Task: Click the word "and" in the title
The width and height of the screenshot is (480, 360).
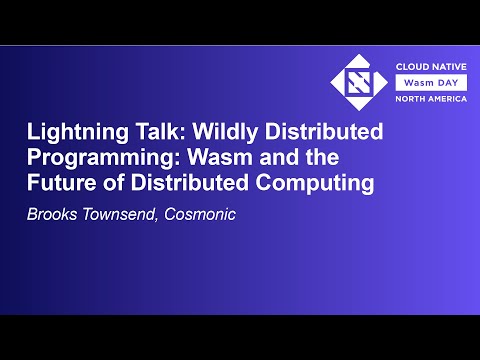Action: click(307, 160)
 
